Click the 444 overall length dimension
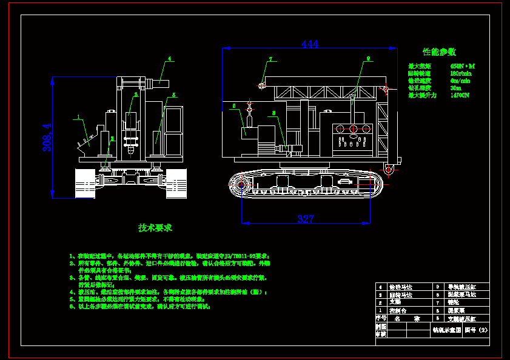310,44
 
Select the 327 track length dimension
306,219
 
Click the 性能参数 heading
439,52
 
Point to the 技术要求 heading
155,228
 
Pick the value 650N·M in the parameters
463,66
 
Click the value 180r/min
461,73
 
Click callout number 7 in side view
270,59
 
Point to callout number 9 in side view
367,59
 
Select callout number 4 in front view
170,59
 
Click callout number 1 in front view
78,116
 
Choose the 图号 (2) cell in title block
475,330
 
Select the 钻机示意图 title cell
446,330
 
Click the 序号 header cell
381,318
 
